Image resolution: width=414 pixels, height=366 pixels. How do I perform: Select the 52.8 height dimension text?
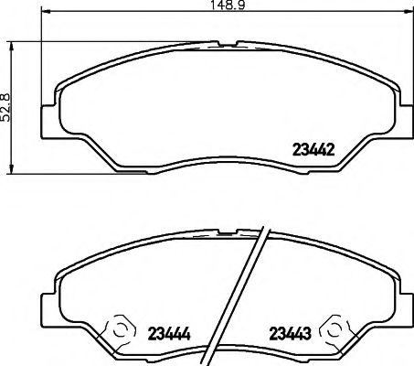pos(8,106)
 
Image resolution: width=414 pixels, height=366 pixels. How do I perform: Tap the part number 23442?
pos(313,150)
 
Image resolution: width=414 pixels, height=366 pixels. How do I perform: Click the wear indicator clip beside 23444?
pos(119,328)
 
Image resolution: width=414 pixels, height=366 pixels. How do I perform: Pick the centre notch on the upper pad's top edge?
pos(227,43)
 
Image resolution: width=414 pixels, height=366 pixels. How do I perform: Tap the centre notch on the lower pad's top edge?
pos(227,228)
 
